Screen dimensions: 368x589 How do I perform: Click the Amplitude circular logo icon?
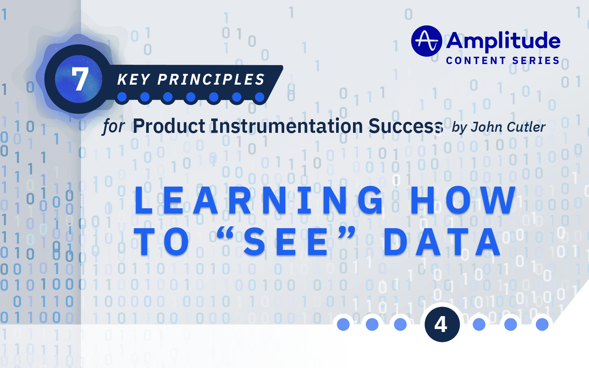(426, 41)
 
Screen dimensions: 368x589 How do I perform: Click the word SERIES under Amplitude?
(536, 61)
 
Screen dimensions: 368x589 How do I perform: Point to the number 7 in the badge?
(80, 79)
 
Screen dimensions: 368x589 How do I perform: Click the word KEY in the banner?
(134, 79)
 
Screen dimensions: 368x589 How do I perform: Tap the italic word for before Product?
(113, 127)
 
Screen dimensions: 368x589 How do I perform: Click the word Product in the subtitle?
(169, 126)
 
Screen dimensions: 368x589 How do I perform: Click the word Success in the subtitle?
(405, 126)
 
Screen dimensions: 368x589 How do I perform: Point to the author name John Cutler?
(508, 127)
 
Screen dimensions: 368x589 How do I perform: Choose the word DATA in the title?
(442, 242)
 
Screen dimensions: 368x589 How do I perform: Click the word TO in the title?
(162, 242)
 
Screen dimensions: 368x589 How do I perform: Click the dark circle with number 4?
(441, 324)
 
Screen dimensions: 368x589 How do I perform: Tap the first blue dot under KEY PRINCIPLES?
(122, 97)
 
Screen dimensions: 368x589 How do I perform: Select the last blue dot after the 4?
(542, 324)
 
